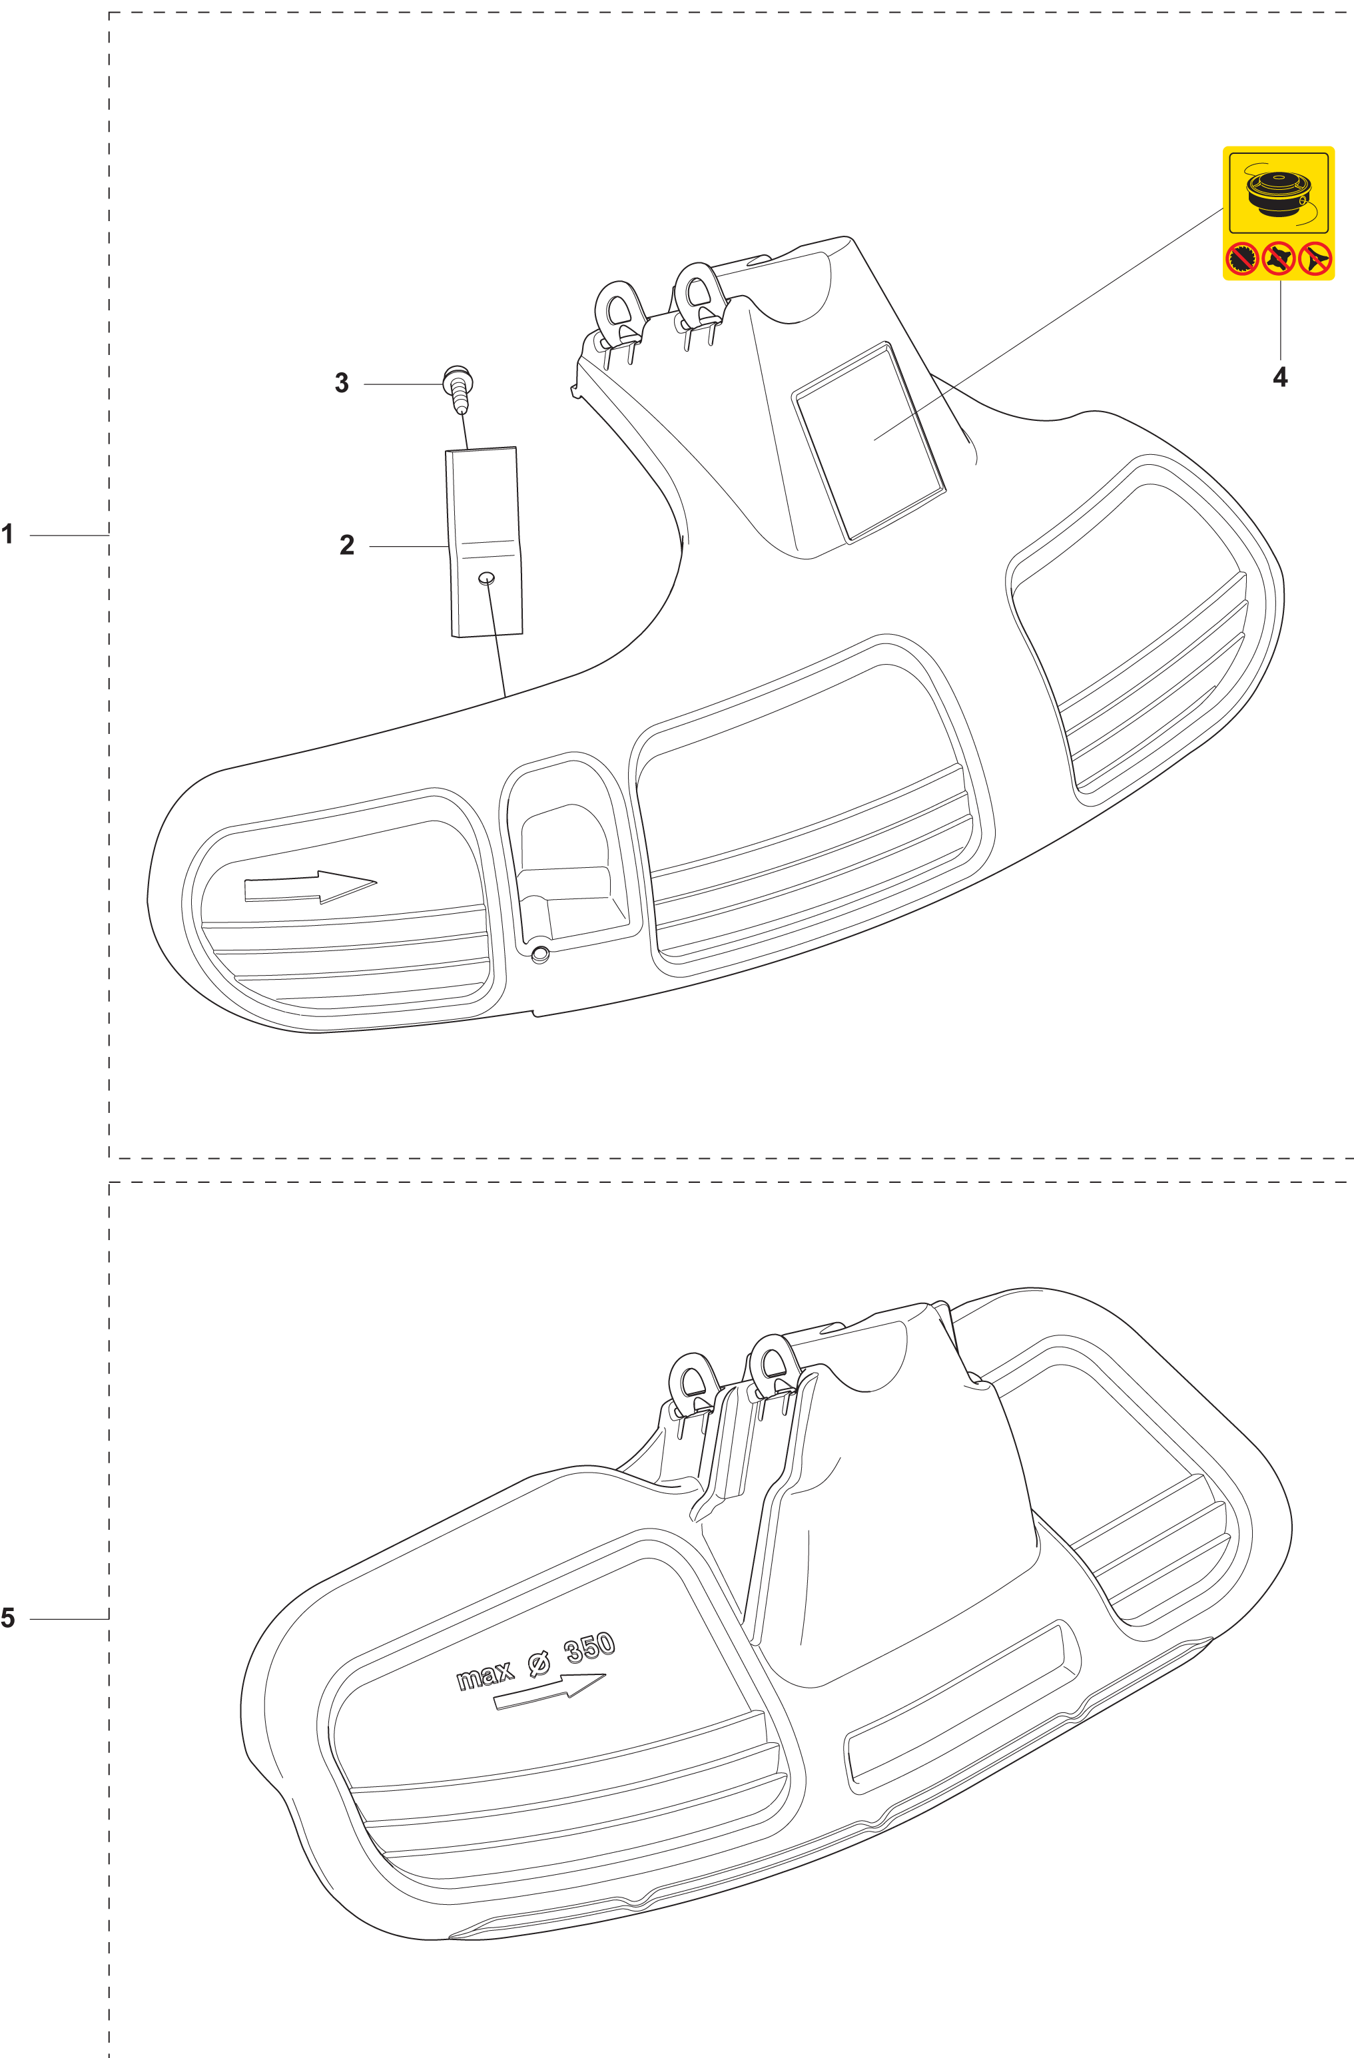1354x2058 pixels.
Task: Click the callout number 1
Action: (x=8, y=534)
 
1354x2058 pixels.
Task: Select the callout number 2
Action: (x=347, y=545)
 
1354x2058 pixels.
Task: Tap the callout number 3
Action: (x=342, y=383)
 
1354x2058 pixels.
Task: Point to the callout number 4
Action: (x=1279, y=377)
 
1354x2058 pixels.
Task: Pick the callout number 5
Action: (x=8, y=1618)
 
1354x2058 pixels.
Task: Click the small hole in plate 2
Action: (x=487, y=577)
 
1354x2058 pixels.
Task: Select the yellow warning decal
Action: (x=1278, y=212)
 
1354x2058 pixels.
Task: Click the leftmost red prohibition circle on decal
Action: (x=1243, y=258)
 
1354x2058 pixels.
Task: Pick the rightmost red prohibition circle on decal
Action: (x=1315, y=258)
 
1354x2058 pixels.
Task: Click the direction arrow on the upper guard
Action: (x=310, y=887)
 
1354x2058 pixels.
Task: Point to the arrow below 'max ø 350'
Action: (x=549, y=1692)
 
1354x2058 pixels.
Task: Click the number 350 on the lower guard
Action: (x=589, y=1648)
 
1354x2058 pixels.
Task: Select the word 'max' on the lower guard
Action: (x=484, y=1676)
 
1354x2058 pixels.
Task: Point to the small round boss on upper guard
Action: (x=540, y=954)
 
